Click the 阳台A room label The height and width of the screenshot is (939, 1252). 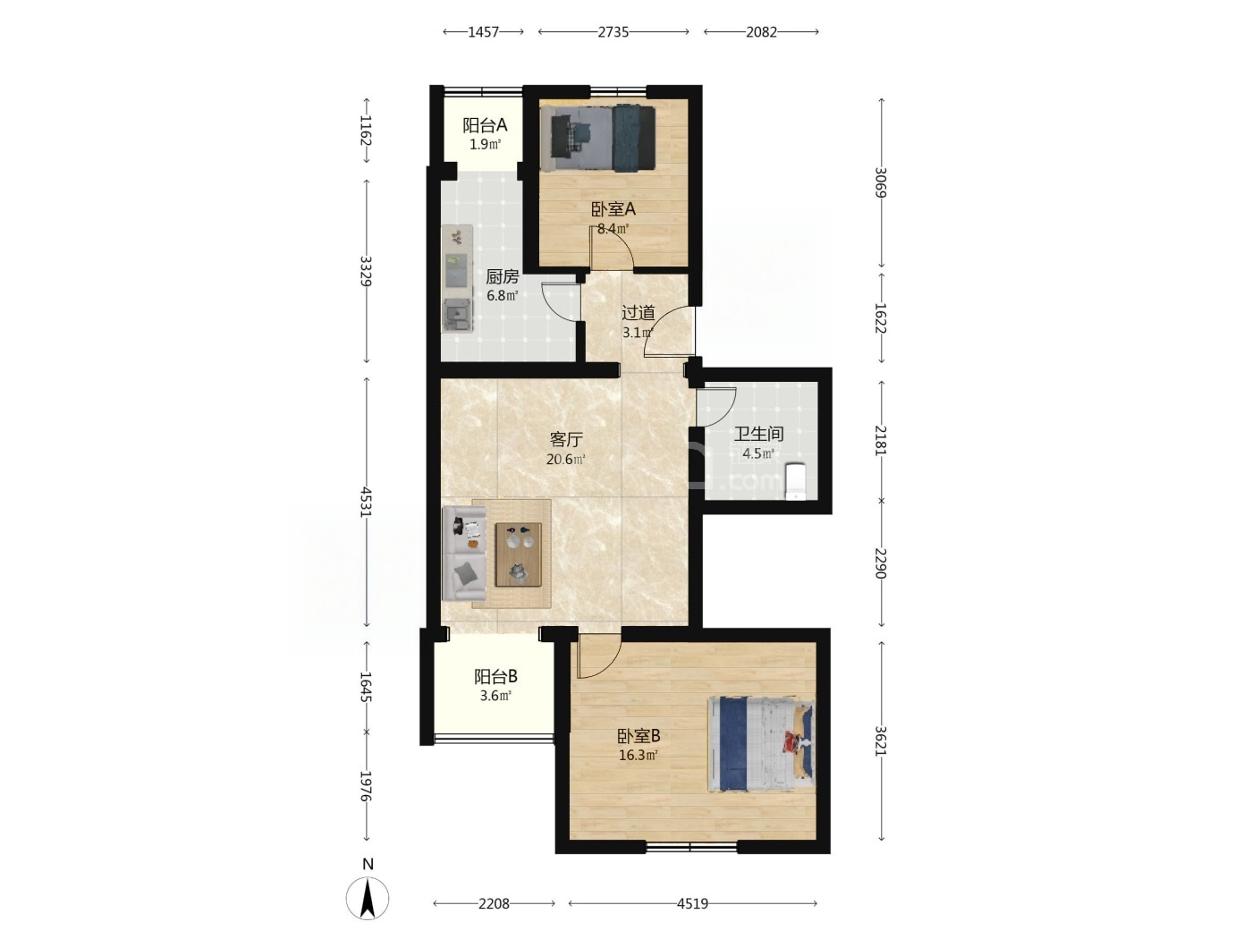pos(485,125)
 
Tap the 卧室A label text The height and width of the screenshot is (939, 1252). pos(613,209)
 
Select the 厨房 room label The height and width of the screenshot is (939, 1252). pos(502,276)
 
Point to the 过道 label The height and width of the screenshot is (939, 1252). pos(639,312)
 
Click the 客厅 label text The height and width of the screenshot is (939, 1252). pos(566,439)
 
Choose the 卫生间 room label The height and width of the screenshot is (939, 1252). pos(758,434)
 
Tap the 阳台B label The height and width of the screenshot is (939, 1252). pos(495,676)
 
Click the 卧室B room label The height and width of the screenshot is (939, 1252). pos(639,735)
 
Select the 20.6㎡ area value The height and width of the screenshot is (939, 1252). pos(566,459)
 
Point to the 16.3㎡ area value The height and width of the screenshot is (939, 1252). pos(639,756)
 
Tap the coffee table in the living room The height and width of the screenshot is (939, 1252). pos(518,554)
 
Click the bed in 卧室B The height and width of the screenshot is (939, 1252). pos(761,744)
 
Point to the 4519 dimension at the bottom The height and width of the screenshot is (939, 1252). pos(692,903)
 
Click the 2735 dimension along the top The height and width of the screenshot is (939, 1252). pos(613,32)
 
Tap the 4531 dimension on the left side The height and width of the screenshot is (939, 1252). pos(366,502)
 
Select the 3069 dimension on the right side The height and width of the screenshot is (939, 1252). pos(881,182)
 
